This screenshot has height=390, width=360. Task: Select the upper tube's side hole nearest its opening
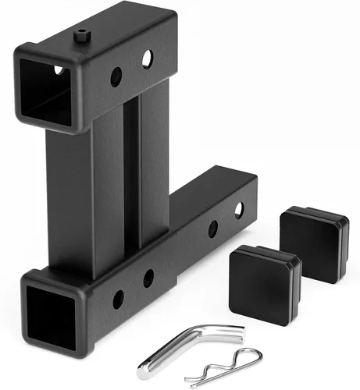point(116,76)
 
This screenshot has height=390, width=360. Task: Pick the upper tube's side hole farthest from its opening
point(147,58)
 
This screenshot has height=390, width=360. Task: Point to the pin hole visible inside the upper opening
point(57,70)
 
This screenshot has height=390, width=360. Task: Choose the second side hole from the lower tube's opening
point(148,277)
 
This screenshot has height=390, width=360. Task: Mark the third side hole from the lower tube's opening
point(212,229)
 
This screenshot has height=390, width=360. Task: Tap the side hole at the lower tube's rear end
point(238,209)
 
